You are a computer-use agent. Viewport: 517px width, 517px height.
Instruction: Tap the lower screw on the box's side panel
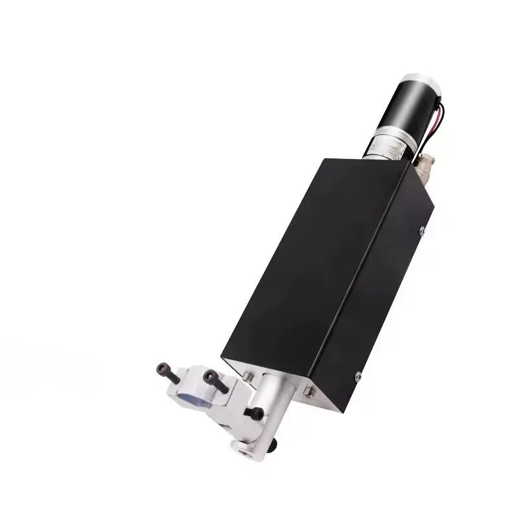pyautogui.click(x=357, y=374)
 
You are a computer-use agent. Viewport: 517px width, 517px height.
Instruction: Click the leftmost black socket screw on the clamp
pyautogui.click(x=162, y=369)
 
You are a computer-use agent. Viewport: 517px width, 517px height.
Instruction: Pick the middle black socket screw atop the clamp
pyautogui.click(x=211, y=378)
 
